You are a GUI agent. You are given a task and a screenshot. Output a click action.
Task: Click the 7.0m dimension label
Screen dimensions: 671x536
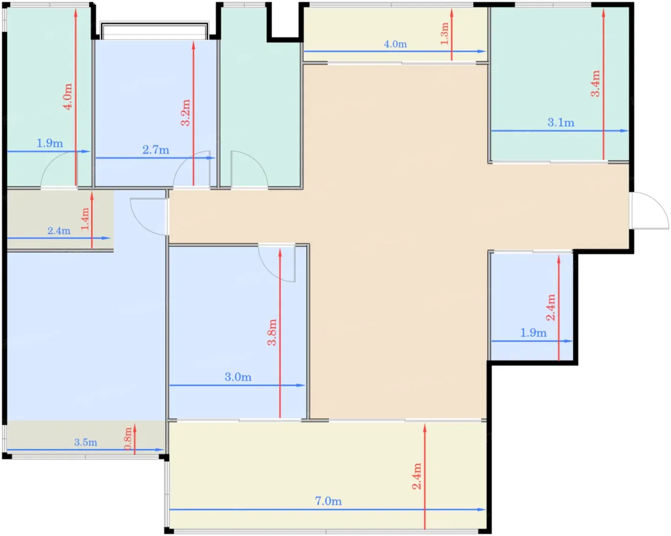[328, 501]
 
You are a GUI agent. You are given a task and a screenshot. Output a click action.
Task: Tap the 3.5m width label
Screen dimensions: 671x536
[85, 442]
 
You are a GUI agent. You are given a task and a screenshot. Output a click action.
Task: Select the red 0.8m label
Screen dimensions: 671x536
[128, 439]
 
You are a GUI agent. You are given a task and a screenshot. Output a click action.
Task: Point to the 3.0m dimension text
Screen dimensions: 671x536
[238, 377]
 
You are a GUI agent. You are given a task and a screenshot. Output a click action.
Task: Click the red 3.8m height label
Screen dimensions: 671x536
[272, 332]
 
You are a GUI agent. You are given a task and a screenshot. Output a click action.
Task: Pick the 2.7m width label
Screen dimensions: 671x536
[156, 150]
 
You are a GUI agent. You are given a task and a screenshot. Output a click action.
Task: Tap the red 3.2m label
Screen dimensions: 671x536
[185, 112]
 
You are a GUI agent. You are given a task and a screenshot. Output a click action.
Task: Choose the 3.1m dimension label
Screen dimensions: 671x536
[561, 122]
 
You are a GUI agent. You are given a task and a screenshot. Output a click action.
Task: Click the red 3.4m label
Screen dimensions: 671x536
[595, 83]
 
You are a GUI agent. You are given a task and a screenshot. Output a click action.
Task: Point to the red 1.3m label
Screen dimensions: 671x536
[445, 34]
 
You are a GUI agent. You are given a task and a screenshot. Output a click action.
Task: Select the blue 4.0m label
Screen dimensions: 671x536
[395, 44]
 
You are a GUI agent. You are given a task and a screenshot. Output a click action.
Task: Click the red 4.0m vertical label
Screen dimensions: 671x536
[68, 96]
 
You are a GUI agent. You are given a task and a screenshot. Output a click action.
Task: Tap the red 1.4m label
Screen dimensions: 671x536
[85, 219]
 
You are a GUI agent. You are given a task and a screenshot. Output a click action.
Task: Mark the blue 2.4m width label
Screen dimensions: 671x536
[58, 231]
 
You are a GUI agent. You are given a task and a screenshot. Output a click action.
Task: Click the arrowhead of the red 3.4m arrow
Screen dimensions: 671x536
[603, 12]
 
